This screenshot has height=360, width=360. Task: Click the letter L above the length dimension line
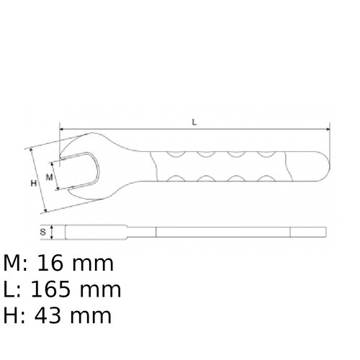pyautogui.click(x=194, y=122)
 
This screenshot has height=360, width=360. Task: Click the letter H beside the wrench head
pyautogui.click(x=33, y=184)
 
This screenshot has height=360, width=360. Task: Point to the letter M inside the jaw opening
pyautogui.click(x=50, y=176)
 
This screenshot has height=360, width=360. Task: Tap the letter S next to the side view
pyautogui.click(x=43, y=232)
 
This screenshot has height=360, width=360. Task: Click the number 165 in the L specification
pyautogui.click(x=53, y=289)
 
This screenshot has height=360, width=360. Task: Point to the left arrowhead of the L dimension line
pyautogui.click(x=63, y=130)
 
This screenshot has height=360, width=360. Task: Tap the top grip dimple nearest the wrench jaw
pyautogui.click(x=173, y=153)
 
